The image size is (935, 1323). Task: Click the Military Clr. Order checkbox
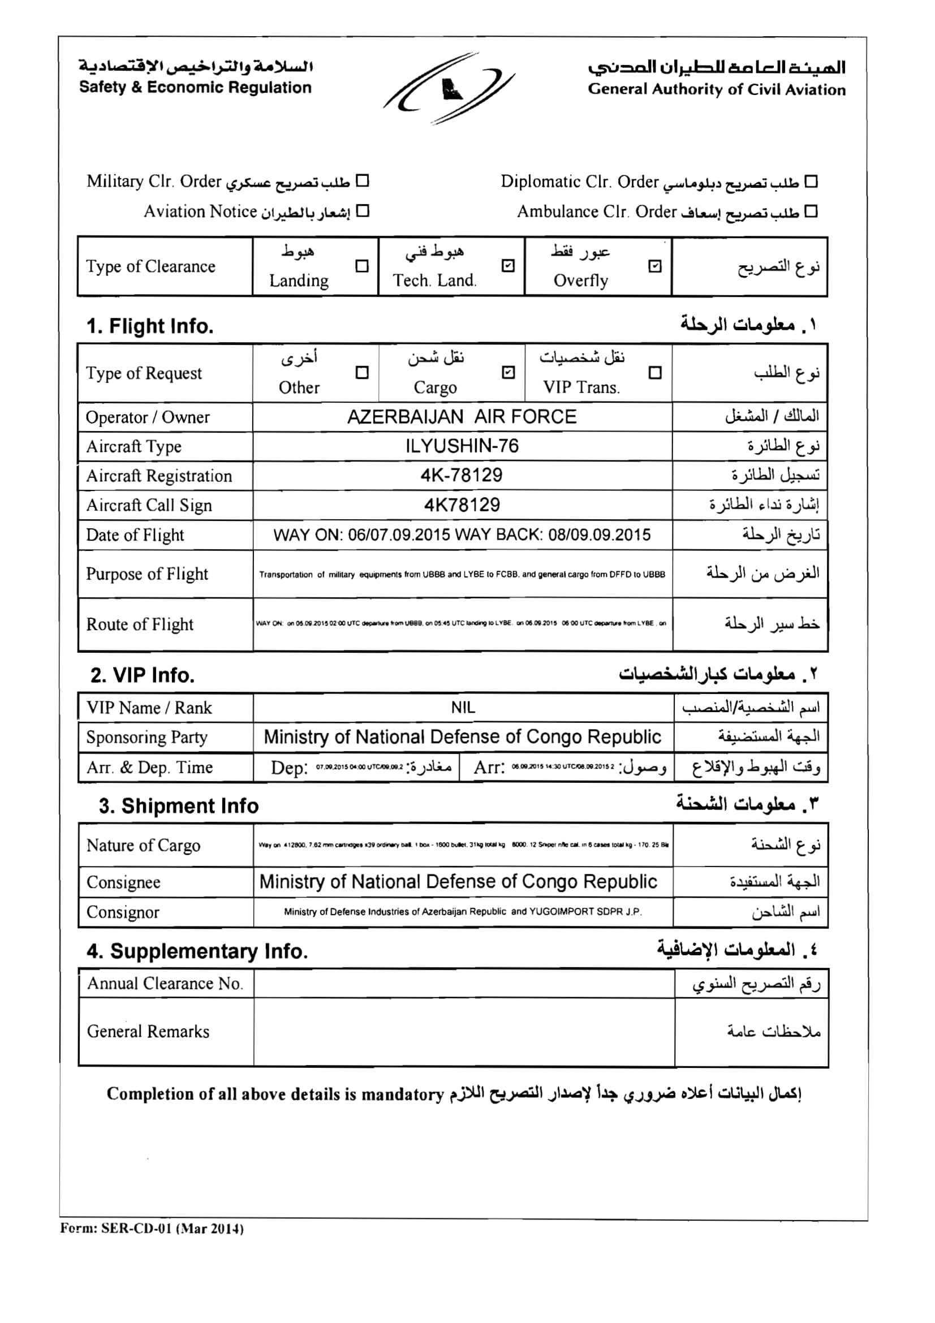(x=362, y=181)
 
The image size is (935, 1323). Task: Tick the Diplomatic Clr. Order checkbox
(x=811, y=182)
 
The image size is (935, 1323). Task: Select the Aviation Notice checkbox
(x=363, y=211)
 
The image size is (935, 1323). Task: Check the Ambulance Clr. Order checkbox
(x=811, y=212)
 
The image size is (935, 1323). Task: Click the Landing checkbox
(x=362, y=266)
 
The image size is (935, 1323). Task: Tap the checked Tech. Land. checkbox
(x=508, y=266)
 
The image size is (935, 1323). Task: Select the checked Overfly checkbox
(x=655, y=266)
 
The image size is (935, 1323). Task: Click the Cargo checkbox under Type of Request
(x=508, y=373)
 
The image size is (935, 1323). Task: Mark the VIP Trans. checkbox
(x=655, y=373)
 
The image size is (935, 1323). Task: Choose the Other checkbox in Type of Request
(x=362, y=373)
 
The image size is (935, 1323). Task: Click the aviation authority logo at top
(x=449, y=88)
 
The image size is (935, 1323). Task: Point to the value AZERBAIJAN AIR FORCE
(x=462, y=417)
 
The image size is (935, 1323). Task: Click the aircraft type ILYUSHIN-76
(x=462, y=446)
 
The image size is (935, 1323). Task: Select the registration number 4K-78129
(x=462, y=475)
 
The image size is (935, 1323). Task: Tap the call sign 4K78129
(x=462, y=505)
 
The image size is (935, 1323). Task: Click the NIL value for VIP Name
(x=463, y=708)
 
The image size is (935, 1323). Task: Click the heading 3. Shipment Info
(x=179, y=805)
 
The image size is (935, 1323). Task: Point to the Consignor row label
(x=123, y=912)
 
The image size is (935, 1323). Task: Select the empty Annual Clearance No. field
(x=463, y=984)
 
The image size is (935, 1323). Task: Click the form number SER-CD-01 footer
(x=152, y=1228)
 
